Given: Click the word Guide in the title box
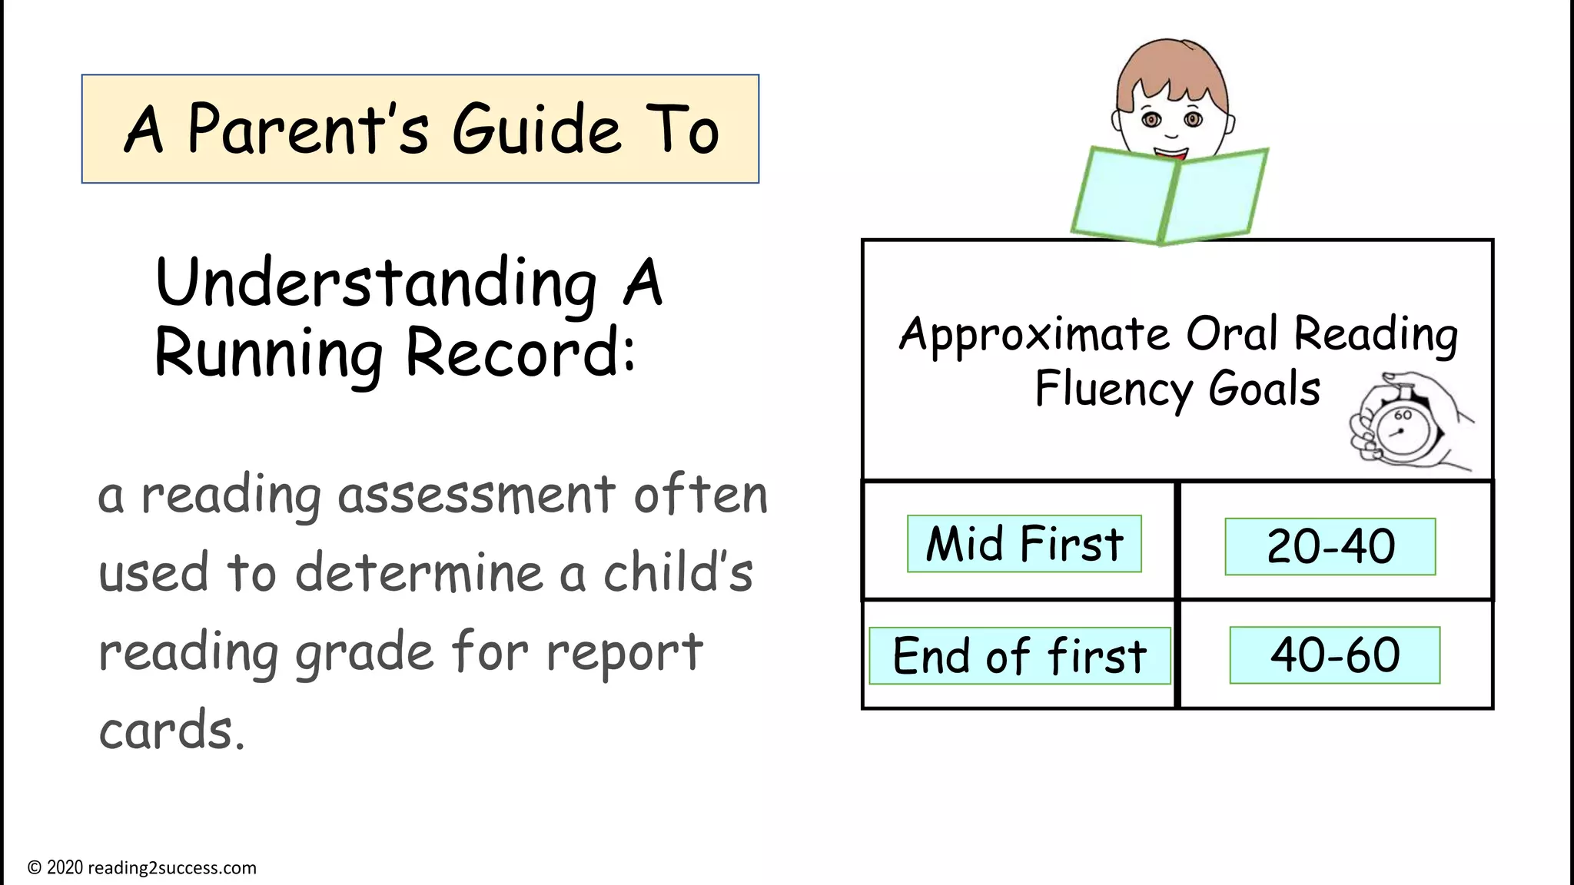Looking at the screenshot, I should (536, 129).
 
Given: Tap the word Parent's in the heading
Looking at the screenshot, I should (307, 129).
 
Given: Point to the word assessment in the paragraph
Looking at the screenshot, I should (477, 496).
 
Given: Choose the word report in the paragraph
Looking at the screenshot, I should (624, 651).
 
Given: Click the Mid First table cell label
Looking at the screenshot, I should (1024, 544).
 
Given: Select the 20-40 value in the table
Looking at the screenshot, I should (1330, 547).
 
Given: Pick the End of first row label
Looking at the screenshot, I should (1019, 656).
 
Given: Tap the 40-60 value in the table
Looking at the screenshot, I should (1335, 655).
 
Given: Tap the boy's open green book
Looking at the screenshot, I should (1168, 195).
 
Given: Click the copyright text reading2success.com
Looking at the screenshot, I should (171, 868).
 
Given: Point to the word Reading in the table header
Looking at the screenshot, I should (1376, 336).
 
